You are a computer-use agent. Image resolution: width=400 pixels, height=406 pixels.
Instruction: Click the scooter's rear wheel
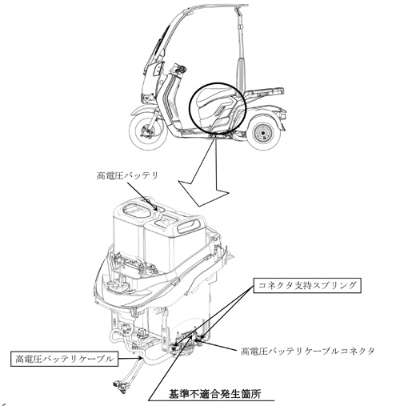[x=263, y=133]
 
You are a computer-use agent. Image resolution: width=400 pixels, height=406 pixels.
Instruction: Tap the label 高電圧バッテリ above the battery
[x=127, y=176]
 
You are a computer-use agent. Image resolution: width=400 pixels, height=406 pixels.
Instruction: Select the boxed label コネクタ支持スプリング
[x=307, y=286]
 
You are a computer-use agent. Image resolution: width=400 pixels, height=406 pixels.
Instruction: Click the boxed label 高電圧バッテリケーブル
[x=64, y=360]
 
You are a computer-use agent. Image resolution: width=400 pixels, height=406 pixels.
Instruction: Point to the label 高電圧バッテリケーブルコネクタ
[x=308, y=351]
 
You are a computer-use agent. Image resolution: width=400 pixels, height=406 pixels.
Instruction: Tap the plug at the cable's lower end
[x=119, y=386]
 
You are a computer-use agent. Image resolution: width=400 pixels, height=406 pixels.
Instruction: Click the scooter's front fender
[x=146, y=110]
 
